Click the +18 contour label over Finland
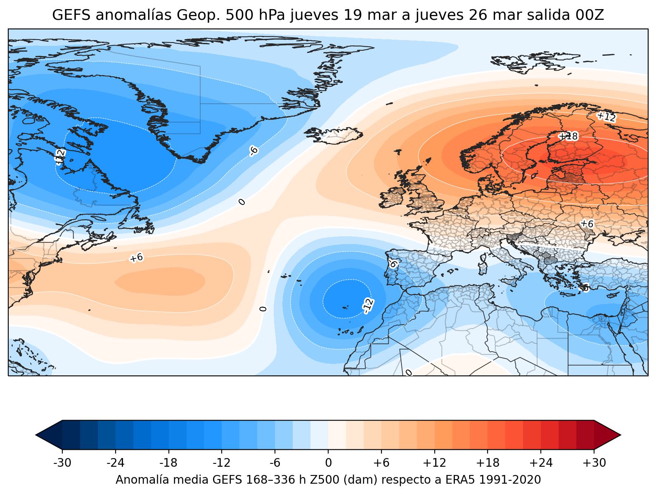[x=568, y=136]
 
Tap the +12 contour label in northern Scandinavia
[x=606, y=116]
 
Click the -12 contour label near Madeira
[x=368, y=306]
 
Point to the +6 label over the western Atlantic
[x=136, y=258]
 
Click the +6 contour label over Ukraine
[x=587, y=223]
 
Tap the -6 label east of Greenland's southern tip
[x=254, y=151]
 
